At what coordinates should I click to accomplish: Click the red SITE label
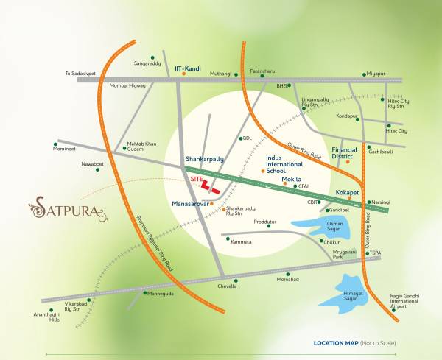(196, 179)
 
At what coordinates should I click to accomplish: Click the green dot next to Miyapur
(364, 74)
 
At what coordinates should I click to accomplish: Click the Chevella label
(227, 286)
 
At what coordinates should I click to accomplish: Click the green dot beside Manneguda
(144, 293)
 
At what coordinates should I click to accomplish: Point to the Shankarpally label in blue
(203, 158)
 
